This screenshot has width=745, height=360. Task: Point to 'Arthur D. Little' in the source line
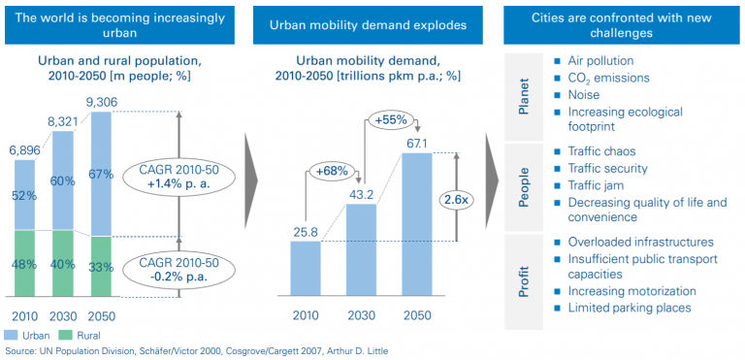point(360,350)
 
